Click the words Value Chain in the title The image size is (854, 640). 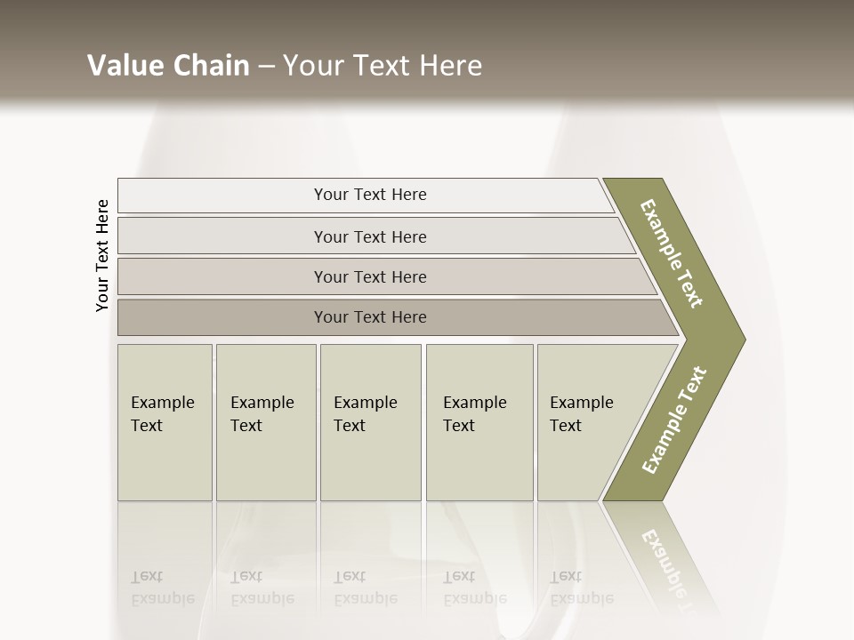(x=168, y=66)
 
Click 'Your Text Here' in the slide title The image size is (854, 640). (x=382, y=66)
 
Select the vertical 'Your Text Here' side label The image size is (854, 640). (x=102, y=256)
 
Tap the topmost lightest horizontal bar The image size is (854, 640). (x=370, y=195)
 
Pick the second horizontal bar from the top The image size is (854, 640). (x=370, y=236)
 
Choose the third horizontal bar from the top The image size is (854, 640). (x=370, y=276)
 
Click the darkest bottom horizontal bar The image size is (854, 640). (x=370, y=317)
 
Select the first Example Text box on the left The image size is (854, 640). (x=165, y=422)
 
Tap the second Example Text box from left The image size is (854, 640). (x=265, y=422)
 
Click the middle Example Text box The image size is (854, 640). (x=370, y=422)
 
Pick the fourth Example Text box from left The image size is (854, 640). (x=479, y=422)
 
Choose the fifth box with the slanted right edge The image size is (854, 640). (x=587, y=422)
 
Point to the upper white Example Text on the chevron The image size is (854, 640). (x=672, y=253)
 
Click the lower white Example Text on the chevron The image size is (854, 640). (x=673, y=420)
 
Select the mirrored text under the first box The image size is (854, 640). (x=162, y=588)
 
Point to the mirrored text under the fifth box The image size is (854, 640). (x=581, y=588)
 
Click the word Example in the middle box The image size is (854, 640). (x=365, y=403)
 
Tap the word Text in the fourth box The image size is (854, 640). (x=459, y=426)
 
